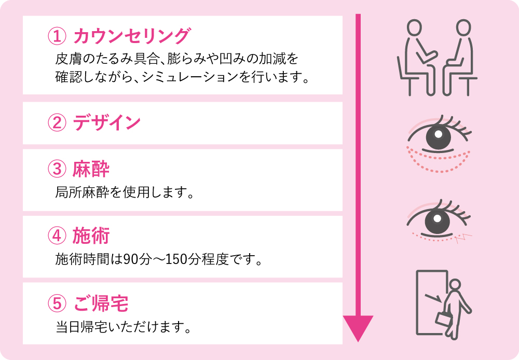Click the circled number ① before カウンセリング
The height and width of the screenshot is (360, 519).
click(57, 36)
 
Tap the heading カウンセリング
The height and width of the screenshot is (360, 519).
click(132, 36)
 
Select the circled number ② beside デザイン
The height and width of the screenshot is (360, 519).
click(57, 122)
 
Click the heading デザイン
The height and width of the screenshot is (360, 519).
click(107, 122)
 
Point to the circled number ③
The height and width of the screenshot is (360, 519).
click(57, 169)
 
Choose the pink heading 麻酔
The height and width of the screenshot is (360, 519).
click(91, 169)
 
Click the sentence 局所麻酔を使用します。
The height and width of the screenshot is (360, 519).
click(124, 192)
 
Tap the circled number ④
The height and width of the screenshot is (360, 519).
click(57, 236)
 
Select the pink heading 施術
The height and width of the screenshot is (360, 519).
click(91, 236)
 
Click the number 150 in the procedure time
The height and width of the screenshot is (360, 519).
click(176, 259)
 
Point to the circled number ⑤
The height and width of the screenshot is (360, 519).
click(57, 303)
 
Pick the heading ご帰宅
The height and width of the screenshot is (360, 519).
click(101, 303)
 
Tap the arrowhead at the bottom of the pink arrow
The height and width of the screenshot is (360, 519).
click(358, 327)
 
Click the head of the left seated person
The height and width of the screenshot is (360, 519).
click(414, 27)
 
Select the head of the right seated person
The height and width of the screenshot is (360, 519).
click(463, 27)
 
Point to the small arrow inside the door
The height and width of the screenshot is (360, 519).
click(433, 298)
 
